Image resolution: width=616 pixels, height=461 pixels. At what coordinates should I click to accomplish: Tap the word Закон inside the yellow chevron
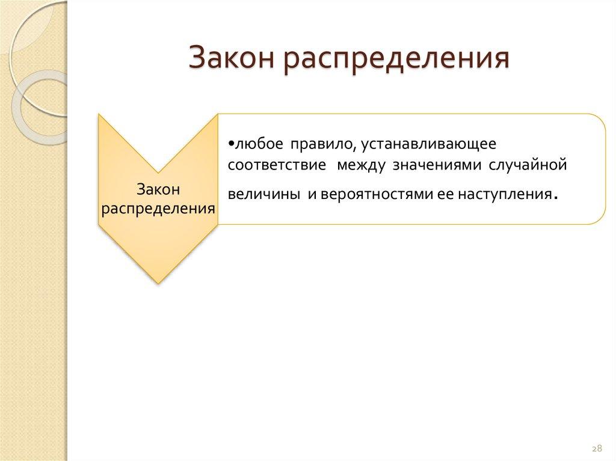tap(159, 190)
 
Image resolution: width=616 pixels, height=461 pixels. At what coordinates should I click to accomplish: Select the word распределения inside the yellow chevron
tap(159, 209)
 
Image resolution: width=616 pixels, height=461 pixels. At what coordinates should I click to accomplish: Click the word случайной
tap(529, 165)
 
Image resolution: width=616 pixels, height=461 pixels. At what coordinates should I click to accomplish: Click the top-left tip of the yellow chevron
tap(100, 115)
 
